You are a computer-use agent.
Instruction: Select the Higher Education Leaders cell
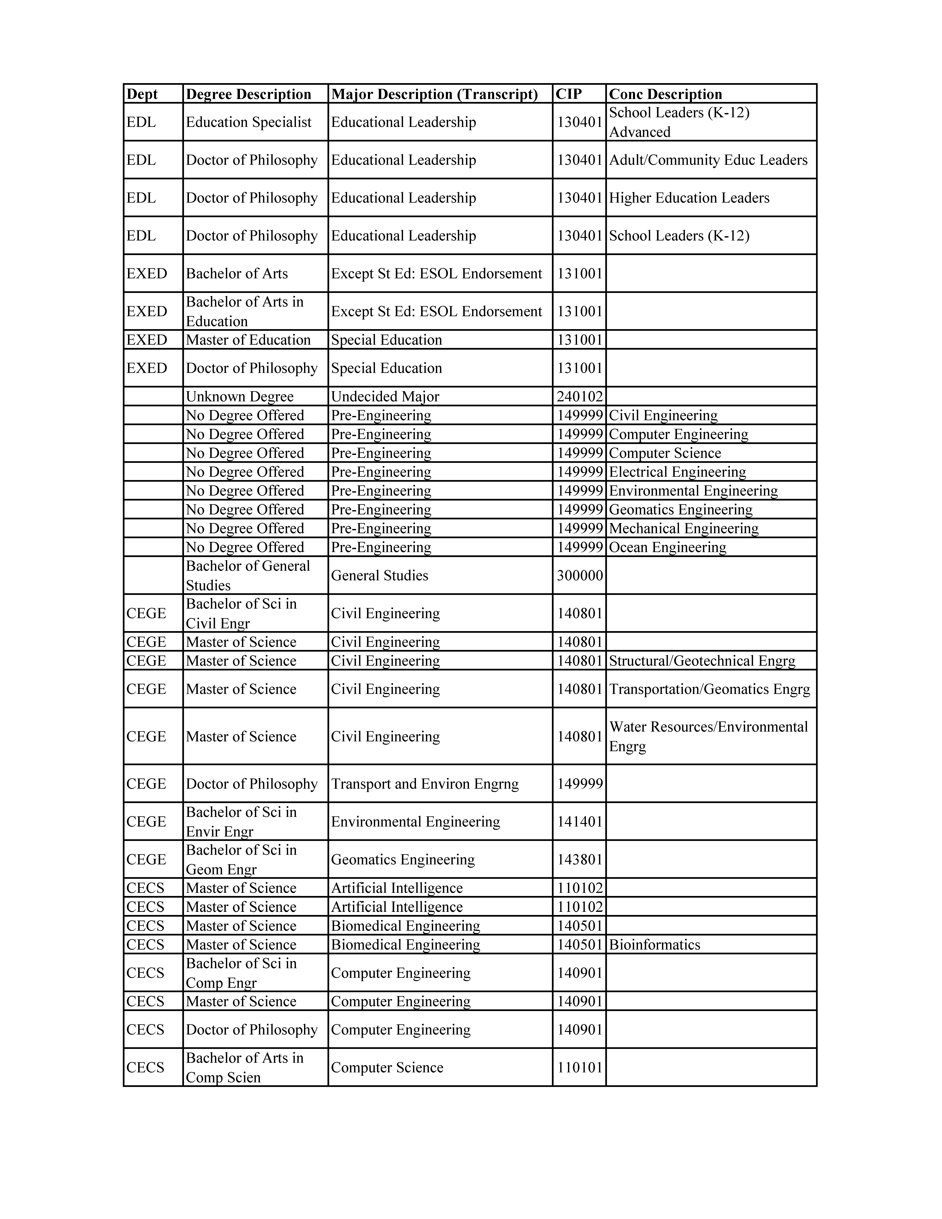tap(689, 198)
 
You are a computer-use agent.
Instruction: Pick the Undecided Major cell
tap(385, 397)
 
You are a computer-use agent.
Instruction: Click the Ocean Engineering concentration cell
tap(668, 548)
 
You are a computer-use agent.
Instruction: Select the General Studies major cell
tap(380, 576)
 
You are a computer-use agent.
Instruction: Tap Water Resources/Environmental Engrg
tap(708, 736)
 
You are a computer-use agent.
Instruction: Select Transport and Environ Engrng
tap(425, 784)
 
